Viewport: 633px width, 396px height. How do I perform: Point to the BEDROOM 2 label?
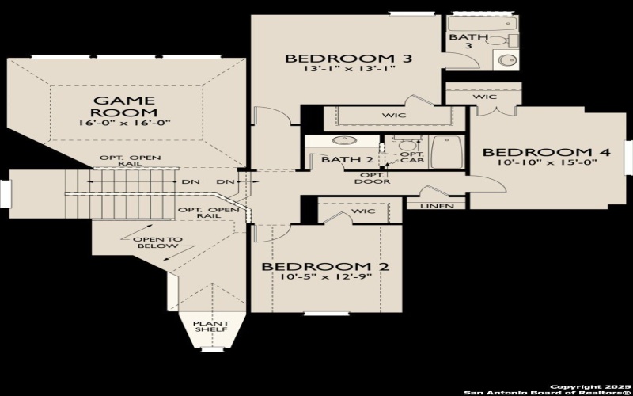pyautogui.click(x=325, y=267)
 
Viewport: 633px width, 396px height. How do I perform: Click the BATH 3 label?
pyautogui.click(x=464, y=41)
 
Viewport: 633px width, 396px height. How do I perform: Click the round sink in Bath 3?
pyautogui.click(x=506, y=60)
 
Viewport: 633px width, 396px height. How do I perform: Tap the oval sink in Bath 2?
pyautogui.click(x=343, y=142)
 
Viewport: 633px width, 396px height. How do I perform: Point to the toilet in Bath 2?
pyautogui.click(x=407, y=145)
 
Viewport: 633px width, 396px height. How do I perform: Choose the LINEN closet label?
pyautogui.click(x=437, y=206)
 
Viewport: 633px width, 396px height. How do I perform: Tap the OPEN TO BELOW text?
pyautogui.click(x=162, y=243)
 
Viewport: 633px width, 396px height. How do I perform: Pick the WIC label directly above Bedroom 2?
pyautogui.click(x=364, y=211)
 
